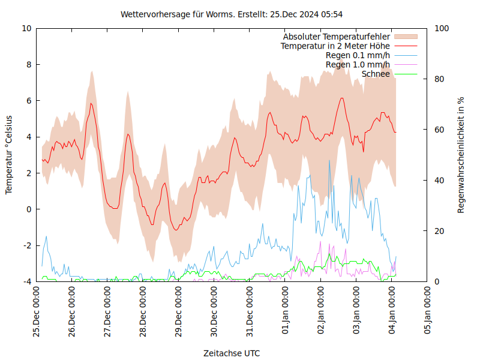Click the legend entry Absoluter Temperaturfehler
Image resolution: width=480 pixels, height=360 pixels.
pos(337,37)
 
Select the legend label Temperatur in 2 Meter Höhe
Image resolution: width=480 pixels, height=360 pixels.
pos(335,46)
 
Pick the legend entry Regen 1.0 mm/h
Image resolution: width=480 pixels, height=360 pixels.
pos(358,65)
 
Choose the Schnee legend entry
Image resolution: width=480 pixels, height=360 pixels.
pos(376,74)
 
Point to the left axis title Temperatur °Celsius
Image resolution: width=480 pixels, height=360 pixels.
pos(9,154)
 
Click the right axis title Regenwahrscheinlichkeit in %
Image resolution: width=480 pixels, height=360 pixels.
pos(461,154)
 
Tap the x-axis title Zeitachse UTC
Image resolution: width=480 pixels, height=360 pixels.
pos(232,353)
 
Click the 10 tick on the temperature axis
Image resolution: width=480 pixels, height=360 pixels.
pos(26,28)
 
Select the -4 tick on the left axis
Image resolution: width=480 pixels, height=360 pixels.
pos(26,281)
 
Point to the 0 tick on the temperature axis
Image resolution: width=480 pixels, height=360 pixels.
pos(29,209)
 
